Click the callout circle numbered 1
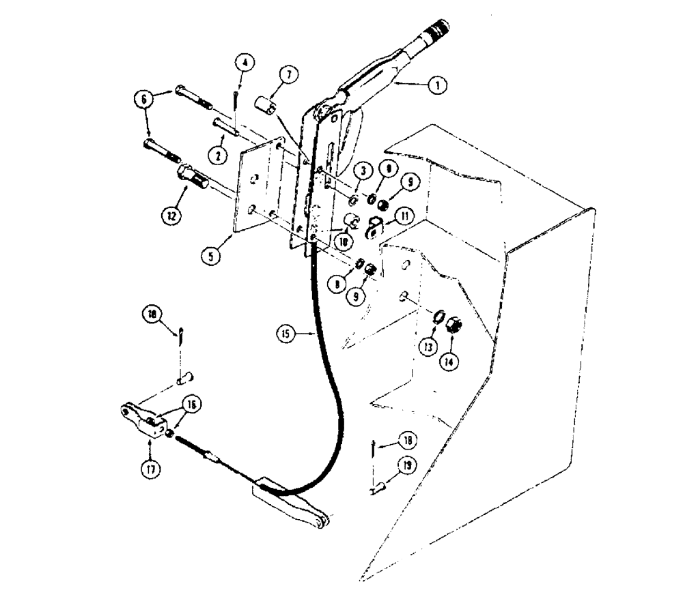coord(434,86)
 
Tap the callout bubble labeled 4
coord(245,63)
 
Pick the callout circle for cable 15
coord(286,334)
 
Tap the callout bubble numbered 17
coord(150,470)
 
